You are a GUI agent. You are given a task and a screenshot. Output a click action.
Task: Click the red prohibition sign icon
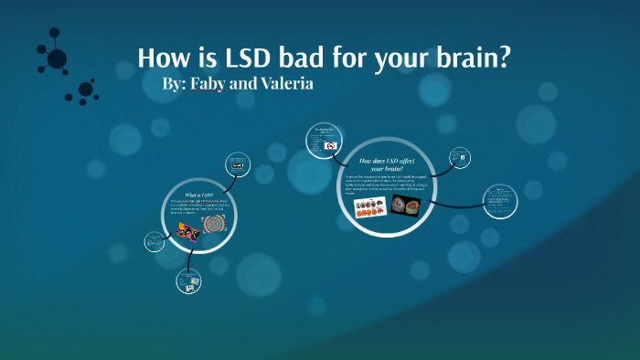pyautogui.click(x=329, y=145)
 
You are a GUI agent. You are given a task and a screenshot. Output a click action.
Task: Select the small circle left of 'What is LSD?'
pyautogui.click(x=154, y=241)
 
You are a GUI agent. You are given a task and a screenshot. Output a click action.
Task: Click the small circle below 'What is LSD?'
pyautogui.click(x=188, y=283)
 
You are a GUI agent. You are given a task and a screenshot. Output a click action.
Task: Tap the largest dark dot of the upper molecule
pyautogui.click(x=57, y=59)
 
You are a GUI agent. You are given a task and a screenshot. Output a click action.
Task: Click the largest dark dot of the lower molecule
pyautogui.click(x=85, y=90)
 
